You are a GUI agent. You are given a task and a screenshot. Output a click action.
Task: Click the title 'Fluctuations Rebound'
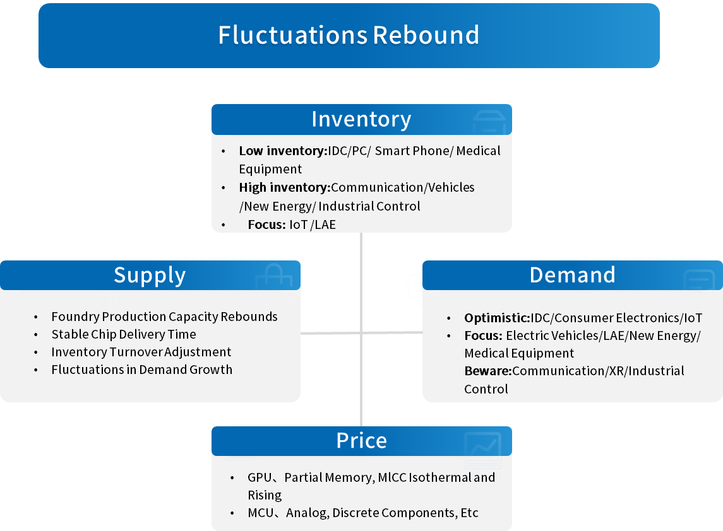pyautogui.click(x=349, y=35)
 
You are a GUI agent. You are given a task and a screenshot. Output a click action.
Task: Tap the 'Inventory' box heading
pyautogui.click(x=361, y=119)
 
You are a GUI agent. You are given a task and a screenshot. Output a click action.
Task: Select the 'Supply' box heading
pyautogui.click(x=150, y=276)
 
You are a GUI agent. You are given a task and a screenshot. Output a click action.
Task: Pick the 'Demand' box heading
pyautogui.click(x=572, y=275)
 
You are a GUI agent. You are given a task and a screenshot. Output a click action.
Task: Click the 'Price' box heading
pyautogui.click(x=361, y=441)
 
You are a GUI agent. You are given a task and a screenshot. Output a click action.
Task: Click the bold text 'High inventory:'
pyautogui.click(x=285, y=187)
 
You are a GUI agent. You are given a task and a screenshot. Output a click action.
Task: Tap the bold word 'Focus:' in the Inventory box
pyautogui.click(x=266, y=224)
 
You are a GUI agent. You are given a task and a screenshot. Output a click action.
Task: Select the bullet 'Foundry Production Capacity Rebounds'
pyautogui.click(x=164, y=317)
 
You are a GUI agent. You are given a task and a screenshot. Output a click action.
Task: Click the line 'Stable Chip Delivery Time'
pyautogui.click(x=124, y=334)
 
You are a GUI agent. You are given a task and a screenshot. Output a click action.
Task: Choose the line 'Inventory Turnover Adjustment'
pyautogui.click(x=141, y=352)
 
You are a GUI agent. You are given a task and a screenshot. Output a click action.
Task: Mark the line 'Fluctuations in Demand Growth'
pyautogui.click(x=142, y=370)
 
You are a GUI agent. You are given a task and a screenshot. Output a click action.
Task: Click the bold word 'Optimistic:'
pyautogui.click(x=497, y=318)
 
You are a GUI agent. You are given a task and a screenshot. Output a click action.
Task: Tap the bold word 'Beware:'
pyautogui.click(x=488, y=371)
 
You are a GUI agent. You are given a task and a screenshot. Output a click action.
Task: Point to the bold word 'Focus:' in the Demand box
pyautogui.click(x=483, y=336)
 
